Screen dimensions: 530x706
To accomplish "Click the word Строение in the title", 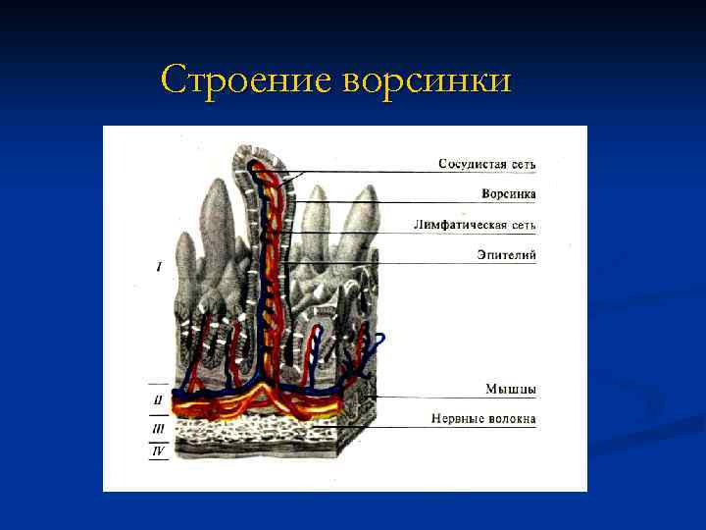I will click(248, 79).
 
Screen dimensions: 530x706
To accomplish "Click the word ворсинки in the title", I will click(427, 79).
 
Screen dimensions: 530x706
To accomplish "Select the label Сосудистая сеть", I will click(486, 163).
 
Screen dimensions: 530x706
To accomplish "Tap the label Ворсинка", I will click(508, 193).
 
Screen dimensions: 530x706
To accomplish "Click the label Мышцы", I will click(510, 390).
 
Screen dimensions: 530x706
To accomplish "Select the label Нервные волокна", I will click(483, 419).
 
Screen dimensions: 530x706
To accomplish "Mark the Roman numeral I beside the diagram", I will click(159, 266).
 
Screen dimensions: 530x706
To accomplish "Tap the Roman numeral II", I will click(158, 399).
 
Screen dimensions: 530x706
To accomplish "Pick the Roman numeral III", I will click(158, 428).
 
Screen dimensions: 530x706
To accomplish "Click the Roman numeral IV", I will click(158, 451).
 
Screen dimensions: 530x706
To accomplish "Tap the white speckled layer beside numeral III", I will click(255, 429).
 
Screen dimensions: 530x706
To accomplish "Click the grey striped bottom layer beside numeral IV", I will click(255, 451).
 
